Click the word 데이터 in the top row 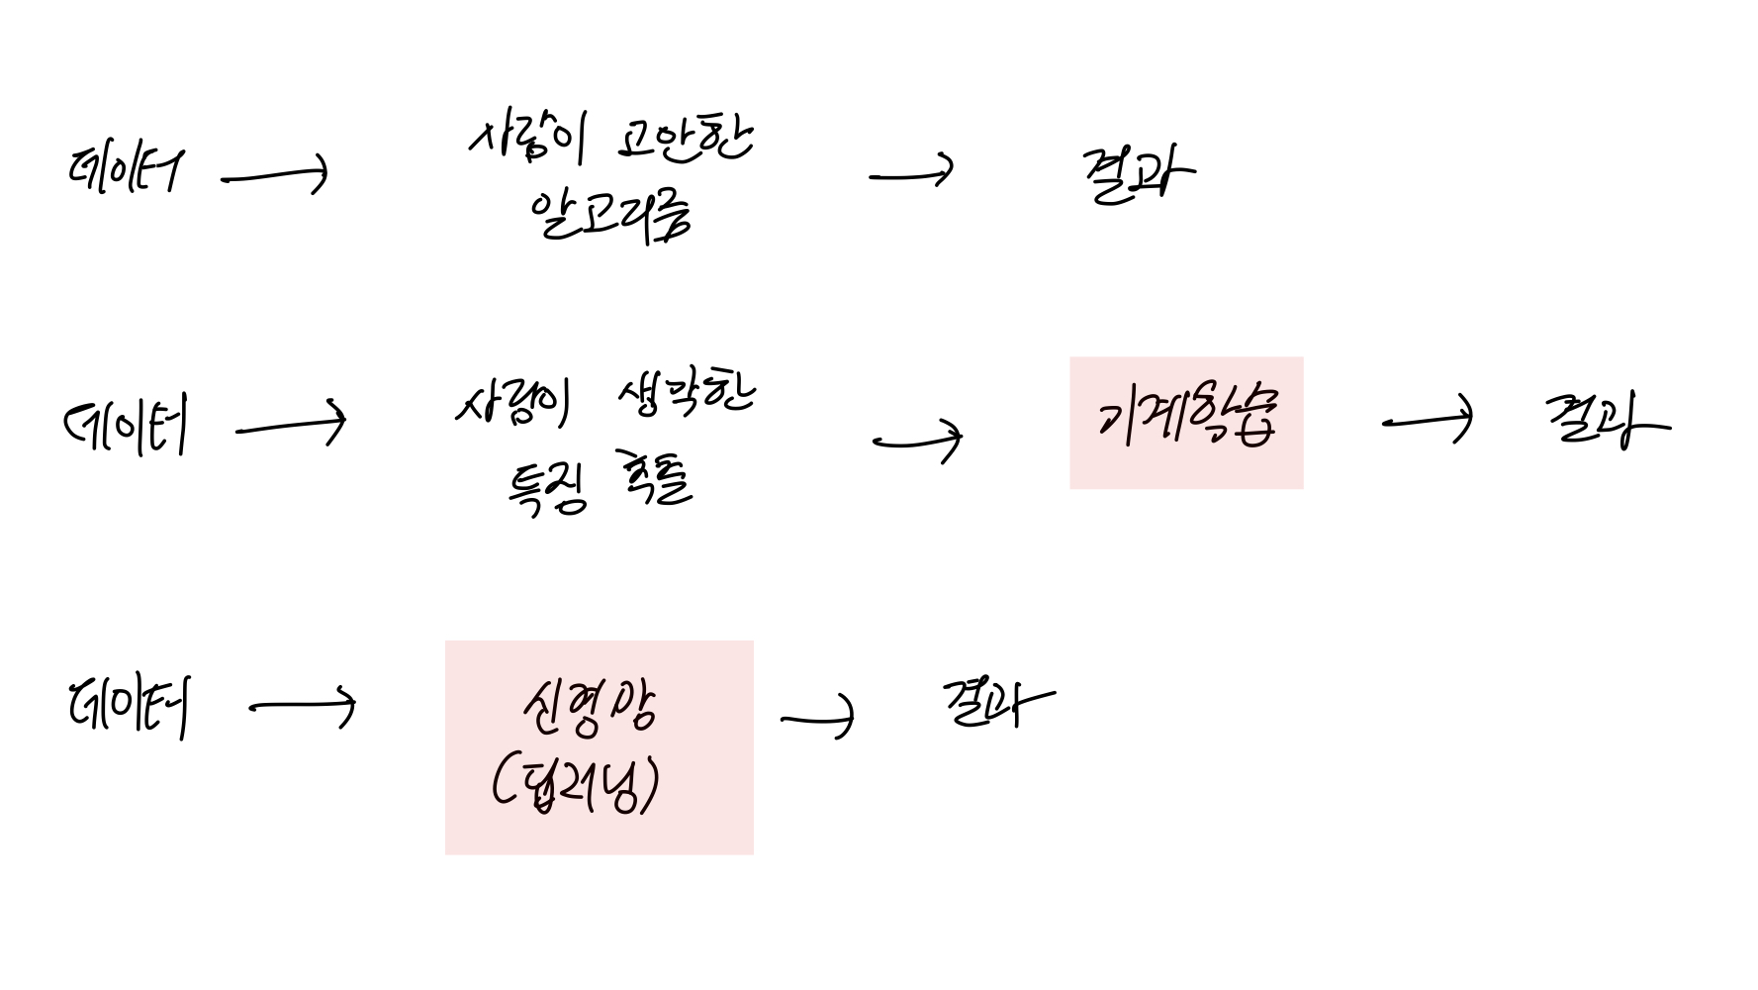click(125, 171)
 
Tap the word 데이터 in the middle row click(126, 427)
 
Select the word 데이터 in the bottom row click(129, 706)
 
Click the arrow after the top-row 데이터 click(275, 177)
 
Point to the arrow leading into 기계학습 click(917, 440)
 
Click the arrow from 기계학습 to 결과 click(1427, 421)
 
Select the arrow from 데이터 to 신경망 click(303, 707)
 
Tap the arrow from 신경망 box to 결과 click(817, 718)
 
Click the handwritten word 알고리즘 click(609, 215)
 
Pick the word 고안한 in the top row click(685, 142)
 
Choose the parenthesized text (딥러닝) click(575, 784)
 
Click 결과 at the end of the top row click(1138, 176)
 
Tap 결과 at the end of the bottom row click(997, 702)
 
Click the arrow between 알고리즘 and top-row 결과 click(911, 175)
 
